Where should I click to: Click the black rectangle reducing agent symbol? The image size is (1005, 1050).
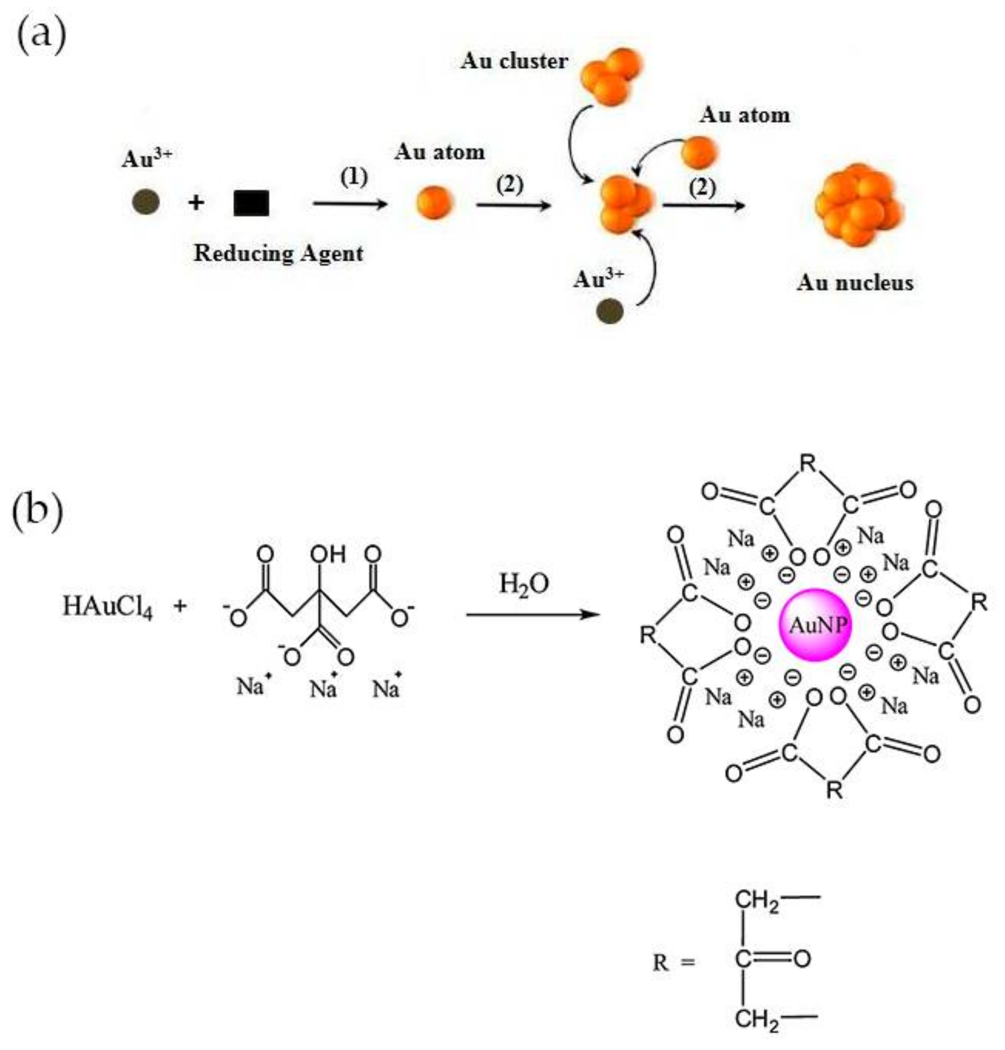click(x=251, y=203)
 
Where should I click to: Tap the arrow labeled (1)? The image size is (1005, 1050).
click(x=350, y=203)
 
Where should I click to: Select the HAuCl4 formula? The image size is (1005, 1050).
click(x=108, y=607)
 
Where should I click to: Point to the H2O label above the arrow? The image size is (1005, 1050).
click(x=523, y=584)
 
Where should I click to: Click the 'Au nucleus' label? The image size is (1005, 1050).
click(x=855, y=283)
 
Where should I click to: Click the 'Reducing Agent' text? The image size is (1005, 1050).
click(x=278, y=253)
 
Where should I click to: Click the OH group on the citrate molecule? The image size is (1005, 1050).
click(x=328, y=554)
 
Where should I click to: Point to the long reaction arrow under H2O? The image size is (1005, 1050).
click(x=533, y=615)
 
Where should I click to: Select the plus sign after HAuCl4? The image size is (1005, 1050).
click(x=180, y=607)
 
